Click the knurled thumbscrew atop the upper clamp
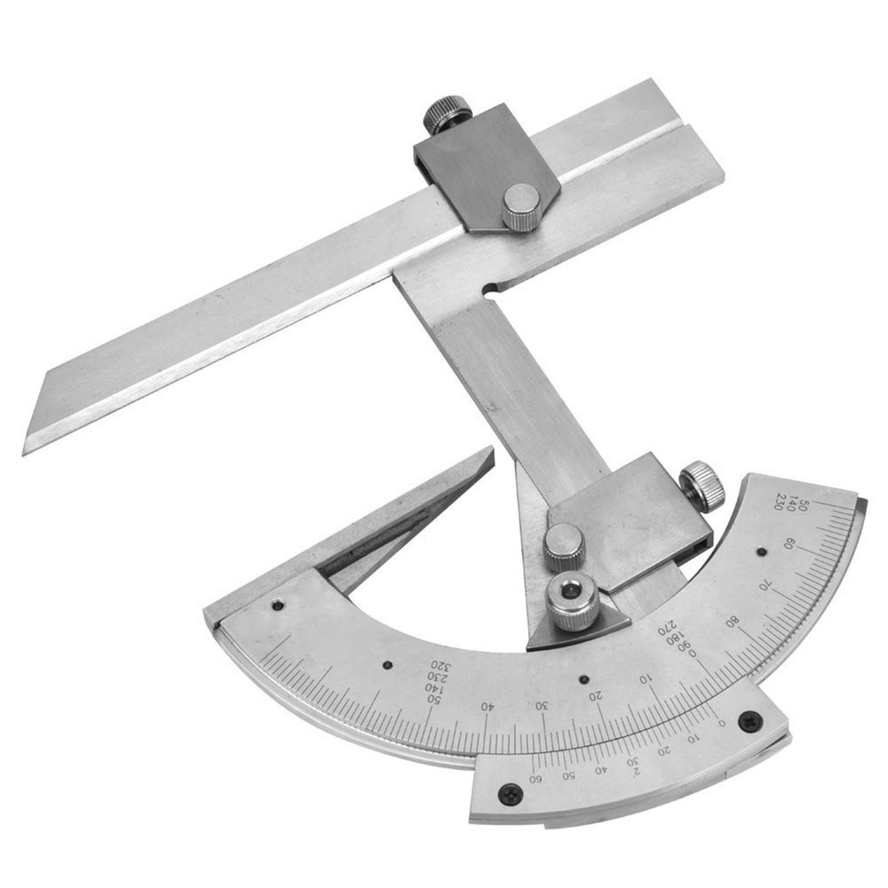[x=446, y=114]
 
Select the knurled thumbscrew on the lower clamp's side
[x=702, y=486]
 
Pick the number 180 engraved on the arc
[x=676, y=638]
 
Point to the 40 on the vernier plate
[x=600, y=769]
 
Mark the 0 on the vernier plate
[x=721, y=722]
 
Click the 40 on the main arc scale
[x=486, y=707]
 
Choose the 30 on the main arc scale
[x=541, y=704]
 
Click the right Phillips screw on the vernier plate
[x=749, y=720]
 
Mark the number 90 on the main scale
[x=682, y=646]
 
